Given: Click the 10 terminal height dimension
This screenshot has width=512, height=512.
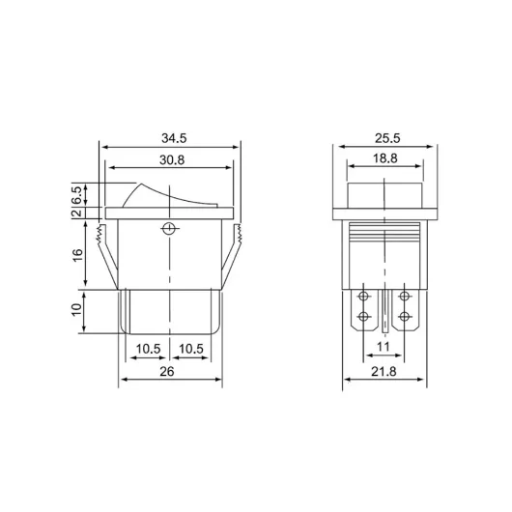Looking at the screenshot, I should [75, 311].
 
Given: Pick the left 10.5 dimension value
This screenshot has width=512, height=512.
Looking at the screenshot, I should [147, 349].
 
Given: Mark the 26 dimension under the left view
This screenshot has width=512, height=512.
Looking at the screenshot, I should [170, 371].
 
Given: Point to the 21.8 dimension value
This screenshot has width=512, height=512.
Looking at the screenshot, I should [384, 371].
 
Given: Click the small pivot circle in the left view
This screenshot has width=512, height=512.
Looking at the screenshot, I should [170, 229].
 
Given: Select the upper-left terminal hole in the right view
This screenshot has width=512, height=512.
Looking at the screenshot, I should [363, 296].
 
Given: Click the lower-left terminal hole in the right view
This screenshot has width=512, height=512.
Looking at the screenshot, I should [363, 316].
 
